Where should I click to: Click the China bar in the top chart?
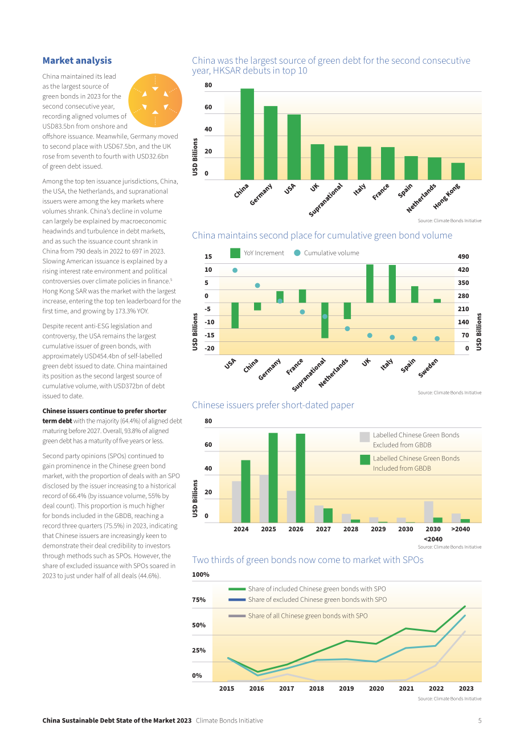pos(247,134)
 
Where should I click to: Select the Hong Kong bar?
pos(458,172)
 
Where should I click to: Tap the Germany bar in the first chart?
pos(271,143)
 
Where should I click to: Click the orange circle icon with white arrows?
pos(155,100)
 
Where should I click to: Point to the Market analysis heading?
pos(77,60)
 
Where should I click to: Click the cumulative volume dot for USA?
pos(235,270)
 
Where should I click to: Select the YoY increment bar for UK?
pos(370,284)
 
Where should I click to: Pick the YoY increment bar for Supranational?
pos(325,320)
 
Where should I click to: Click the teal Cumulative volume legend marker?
pos(297,252)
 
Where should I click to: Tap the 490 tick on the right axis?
pos(463,256)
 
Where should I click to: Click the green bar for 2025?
pos(273,478)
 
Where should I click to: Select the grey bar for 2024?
pos(236,502)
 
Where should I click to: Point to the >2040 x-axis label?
pos(460,529)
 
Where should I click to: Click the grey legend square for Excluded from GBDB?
pos(365,437)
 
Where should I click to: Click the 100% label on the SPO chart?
pos(200,574)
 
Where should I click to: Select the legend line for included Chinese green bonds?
pos(237,589)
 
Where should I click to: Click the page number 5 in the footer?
pos(480,720)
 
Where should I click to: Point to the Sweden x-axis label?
pos(428,368)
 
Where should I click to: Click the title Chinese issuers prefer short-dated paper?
pos(273,405)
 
